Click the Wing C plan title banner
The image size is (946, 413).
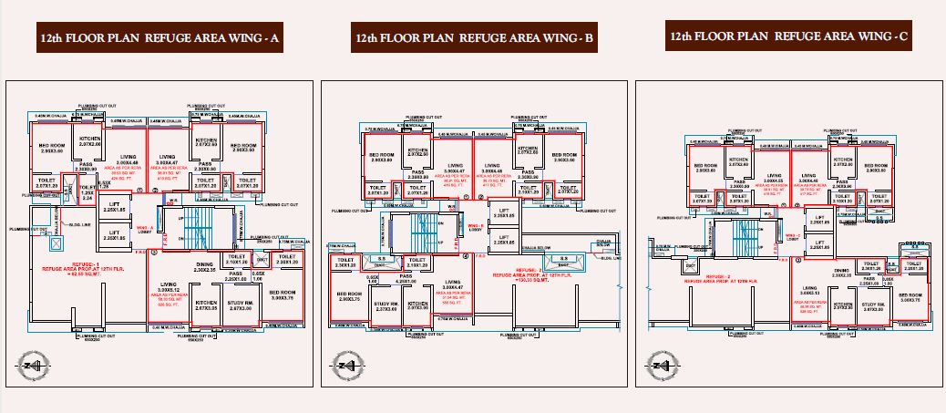tap(789, 36)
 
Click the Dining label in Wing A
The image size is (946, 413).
tap(206, 266)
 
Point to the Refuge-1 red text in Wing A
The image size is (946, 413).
tap(73, 267)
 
